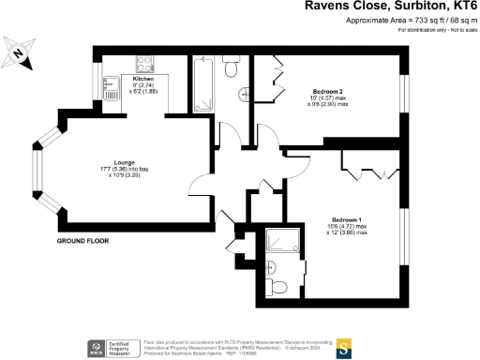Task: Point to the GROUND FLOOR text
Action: coord(82,241)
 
